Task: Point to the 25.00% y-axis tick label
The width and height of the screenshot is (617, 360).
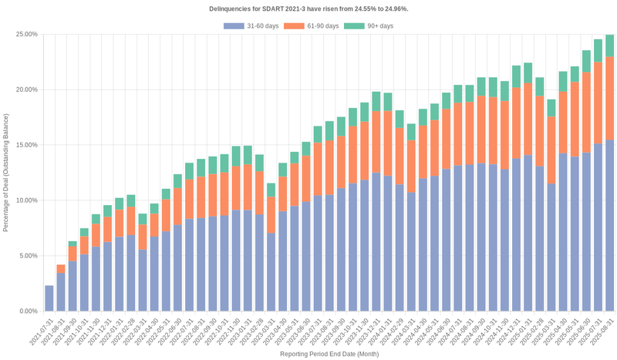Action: (x=27, y=35)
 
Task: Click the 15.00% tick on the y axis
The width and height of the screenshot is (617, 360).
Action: (x=27, y=145)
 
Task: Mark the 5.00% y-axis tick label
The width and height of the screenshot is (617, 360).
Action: (x=29, y=256)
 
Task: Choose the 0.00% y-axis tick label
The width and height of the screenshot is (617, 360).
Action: (x=29, y=311)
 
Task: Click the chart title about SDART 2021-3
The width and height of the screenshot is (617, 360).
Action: (x=308, y=8)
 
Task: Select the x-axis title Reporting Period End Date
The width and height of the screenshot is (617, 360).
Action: (x=329, y=355)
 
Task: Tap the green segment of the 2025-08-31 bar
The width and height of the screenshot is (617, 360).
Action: (x=609, y=45)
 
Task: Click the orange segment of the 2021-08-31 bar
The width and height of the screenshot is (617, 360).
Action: (x=61, y=269)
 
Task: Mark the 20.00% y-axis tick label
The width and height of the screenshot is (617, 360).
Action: (x=27, y=89)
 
